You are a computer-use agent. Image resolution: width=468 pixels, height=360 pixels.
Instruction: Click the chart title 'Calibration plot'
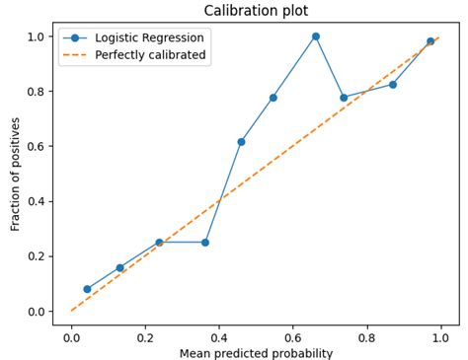tap(256, 11)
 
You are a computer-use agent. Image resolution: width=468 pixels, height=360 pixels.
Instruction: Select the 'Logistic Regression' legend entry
tap(149, 38)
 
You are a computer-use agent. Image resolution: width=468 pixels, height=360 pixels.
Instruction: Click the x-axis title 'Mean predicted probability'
tap(256, 352)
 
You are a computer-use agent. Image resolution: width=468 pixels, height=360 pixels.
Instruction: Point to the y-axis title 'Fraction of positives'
tap(16, 174)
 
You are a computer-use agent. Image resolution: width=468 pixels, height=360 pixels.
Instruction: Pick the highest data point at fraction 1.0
tap(316, 36)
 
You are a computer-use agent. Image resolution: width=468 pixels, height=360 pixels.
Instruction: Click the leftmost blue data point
tap(87, 289)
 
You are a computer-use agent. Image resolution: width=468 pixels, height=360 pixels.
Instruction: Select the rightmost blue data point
tap(429, 41)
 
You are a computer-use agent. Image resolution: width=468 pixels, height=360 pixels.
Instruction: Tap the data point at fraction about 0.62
tap(241, 142)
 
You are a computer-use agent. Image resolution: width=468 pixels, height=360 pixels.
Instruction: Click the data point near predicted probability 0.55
tap(273, 98)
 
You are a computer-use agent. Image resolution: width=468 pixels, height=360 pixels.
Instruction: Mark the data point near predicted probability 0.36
tap(205, 242)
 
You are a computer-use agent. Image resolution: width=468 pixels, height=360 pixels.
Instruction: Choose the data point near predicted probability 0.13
tap(120, 267)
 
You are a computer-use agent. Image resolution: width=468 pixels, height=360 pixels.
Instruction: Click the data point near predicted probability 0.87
tap(393, 84)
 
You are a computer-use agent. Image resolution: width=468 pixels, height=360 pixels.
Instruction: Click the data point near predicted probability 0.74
tap(344, 98)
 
